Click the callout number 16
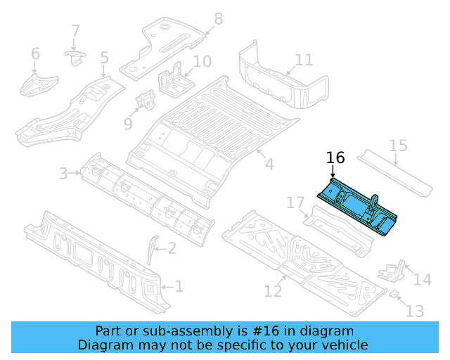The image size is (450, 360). tap(336, 158)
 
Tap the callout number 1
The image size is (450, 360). tap(179, 286)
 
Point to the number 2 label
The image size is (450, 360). tap(172, 247)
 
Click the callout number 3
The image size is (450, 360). tap(63, 173)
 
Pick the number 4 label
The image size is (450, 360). tap(269, 165)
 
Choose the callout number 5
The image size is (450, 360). tap(104, 58)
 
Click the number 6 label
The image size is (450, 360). tap(35, 53)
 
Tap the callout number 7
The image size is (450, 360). tap(75, 31)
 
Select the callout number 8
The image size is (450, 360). tap(218, 19)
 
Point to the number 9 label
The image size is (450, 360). tap(127, 124)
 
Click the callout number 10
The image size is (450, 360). tap(202, 61)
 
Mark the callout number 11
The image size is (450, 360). tap(304, 60)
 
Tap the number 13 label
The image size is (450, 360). tap(416, 310)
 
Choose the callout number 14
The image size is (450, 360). tap(422, 280)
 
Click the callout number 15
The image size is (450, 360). tap(398, 146)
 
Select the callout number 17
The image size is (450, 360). tap(295, 204)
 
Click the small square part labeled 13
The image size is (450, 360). tap(394, 292)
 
